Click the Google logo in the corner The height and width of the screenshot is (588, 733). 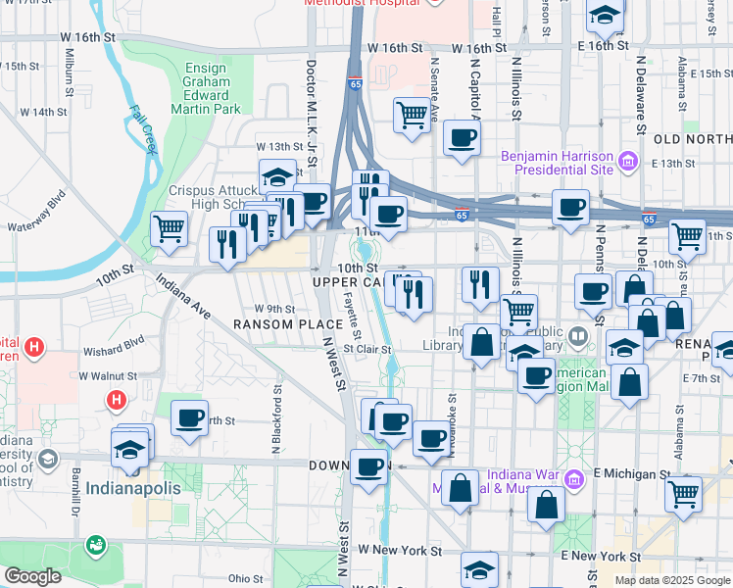point(32,576)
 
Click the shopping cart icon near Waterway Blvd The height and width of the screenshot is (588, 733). point(170,229)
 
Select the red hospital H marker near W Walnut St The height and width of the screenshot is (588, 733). point(116,400)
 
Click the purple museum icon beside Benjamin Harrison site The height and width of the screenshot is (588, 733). point(628,159)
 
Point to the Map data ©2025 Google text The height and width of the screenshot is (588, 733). point(671,580)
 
